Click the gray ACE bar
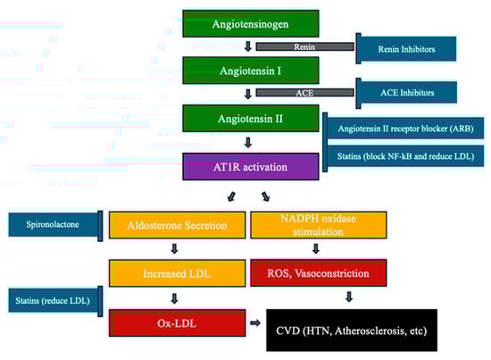303,92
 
